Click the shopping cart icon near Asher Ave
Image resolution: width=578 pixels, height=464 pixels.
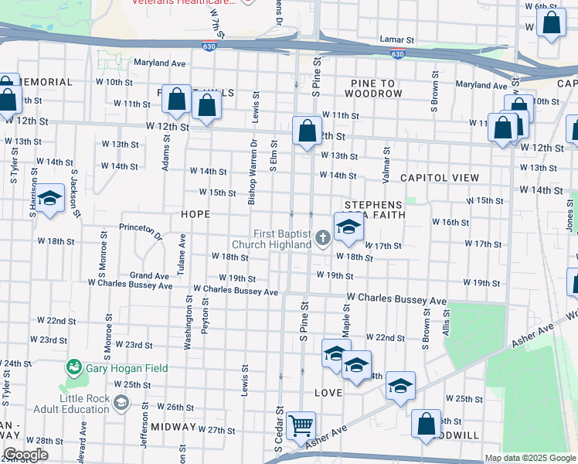pos(301,425)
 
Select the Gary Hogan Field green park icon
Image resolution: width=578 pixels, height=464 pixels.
pos(74,365)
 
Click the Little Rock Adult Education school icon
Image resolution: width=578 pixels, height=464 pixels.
pos(121,402)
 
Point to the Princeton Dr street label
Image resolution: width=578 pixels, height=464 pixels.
pos(141,230)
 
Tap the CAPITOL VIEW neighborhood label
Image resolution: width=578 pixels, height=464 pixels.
pos(440,178)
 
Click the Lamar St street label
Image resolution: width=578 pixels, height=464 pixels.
pos(397,39)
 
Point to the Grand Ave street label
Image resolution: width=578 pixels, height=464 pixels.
pos(149,275)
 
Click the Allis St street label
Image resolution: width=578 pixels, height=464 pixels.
pos(447,322)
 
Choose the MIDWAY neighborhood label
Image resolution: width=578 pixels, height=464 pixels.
pos(173,427)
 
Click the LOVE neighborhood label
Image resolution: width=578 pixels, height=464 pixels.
pos(328,393)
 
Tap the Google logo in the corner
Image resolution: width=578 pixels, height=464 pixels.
pos(25,455)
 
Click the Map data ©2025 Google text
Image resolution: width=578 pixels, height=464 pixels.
pos(529,458)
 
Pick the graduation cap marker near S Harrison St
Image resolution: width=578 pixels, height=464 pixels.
pos(50,199)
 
